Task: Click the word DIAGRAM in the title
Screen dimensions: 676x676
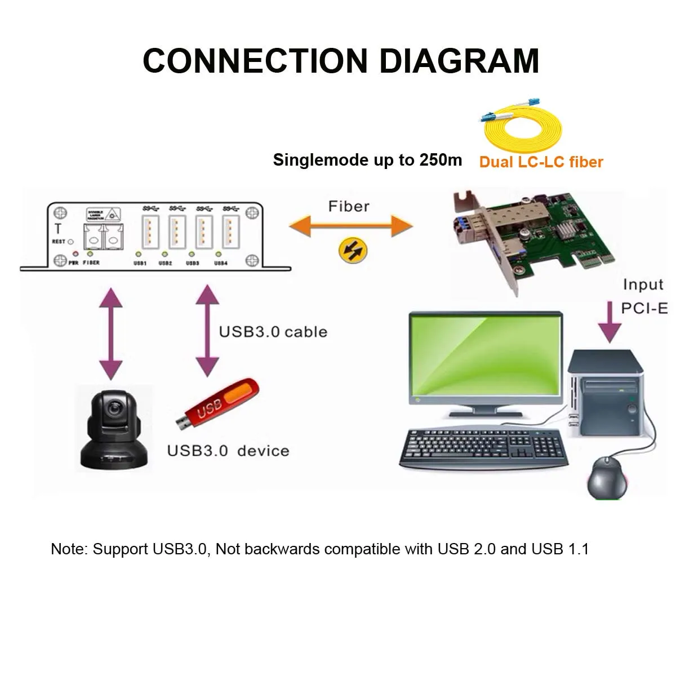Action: [460, 60]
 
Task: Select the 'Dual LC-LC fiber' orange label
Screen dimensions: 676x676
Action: [541, 162]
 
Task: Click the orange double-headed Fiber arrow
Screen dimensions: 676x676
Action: [350, 226]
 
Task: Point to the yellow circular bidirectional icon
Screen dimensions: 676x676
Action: [353, 250]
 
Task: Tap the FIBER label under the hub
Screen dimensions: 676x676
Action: [91, 263]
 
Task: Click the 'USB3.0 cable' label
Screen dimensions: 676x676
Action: [273, 331]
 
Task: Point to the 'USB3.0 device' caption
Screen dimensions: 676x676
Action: [228, 451]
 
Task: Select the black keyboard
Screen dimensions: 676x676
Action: [482, 447]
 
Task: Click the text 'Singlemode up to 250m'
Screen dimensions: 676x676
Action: [367, 160]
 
